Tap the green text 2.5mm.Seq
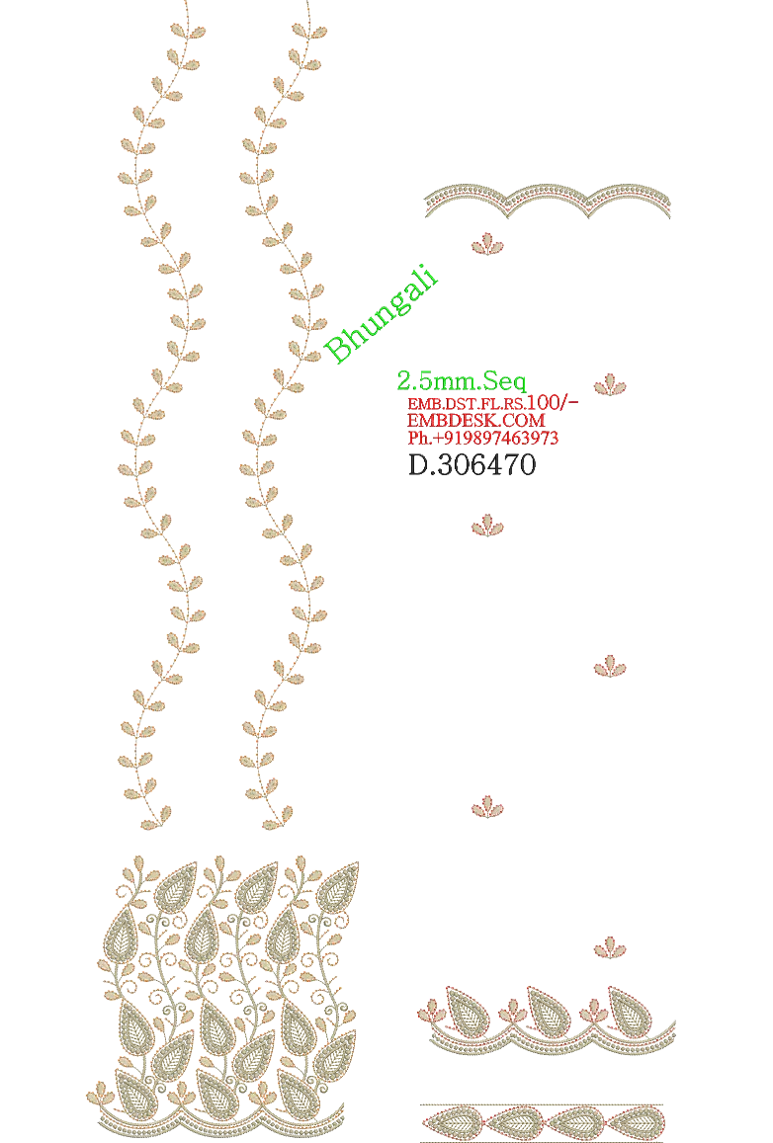[x=461, y=380]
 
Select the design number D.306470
[x=472, y=465]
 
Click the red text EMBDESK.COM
[x=475, y=421]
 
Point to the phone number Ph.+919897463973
[x=482, y=438]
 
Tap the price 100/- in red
[x=552, y=402]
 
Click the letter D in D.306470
[x=418, y=465]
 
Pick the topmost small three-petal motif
[x=487, y=244]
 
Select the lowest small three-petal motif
[x=610, y=946]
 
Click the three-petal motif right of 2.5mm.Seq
[x=610, y=384]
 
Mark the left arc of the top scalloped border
[x=467, y=196]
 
